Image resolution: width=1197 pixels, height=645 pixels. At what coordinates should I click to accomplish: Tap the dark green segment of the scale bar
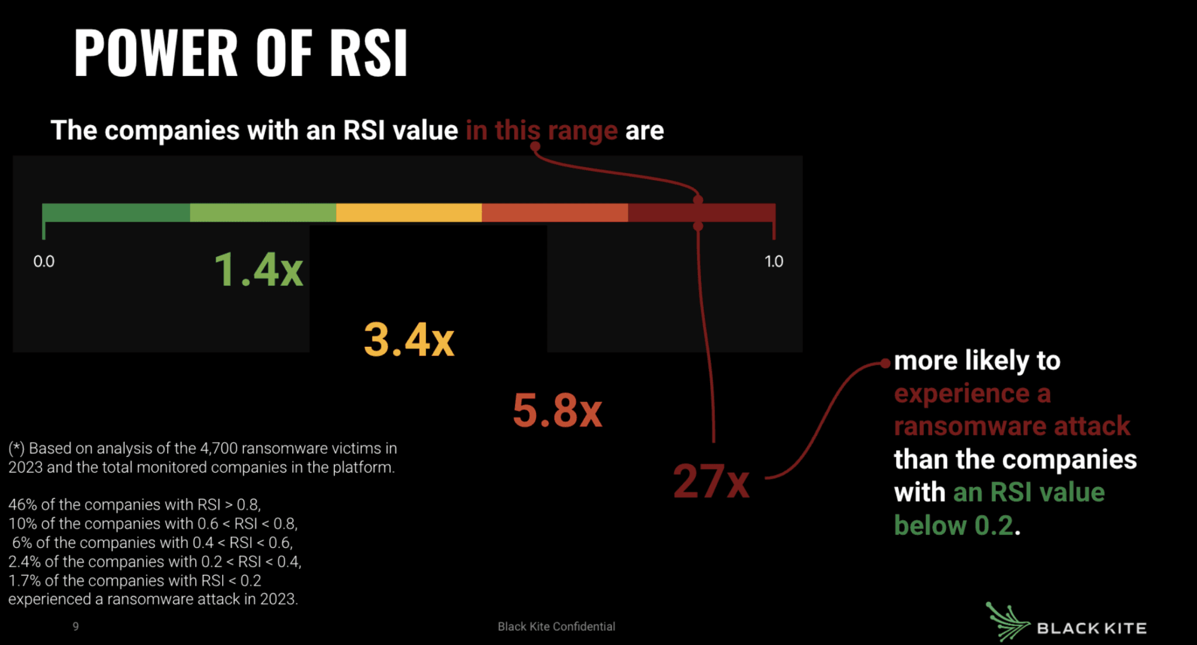116,212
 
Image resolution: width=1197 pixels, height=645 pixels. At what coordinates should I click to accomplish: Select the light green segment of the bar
263,212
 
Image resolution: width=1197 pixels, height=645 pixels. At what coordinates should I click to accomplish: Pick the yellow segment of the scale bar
409,212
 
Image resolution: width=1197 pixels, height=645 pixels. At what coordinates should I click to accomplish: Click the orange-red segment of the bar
555,212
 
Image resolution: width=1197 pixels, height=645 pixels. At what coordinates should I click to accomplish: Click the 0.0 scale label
44,261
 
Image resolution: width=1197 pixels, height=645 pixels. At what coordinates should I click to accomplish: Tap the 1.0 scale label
774,261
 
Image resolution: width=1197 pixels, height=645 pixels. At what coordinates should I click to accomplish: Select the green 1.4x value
258,270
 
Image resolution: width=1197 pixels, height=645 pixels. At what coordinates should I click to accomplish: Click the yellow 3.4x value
409,340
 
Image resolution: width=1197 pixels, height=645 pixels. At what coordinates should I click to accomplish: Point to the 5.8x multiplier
557,410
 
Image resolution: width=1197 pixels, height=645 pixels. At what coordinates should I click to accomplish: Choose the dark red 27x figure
711,481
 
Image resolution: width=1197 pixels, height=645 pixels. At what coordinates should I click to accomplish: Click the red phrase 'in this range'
541,130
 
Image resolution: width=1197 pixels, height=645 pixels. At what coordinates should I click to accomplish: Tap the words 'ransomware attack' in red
1012,426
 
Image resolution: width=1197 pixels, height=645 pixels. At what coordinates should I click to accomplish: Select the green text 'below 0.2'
954,525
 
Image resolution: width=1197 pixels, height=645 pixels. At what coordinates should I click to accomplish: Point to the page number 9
75,626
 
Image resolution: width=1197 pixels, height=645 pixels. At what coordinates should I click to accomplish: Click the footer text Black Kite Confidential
556,626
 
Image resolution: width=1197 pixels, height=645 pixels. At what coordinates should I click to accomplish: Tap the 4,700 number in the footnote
219,449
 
